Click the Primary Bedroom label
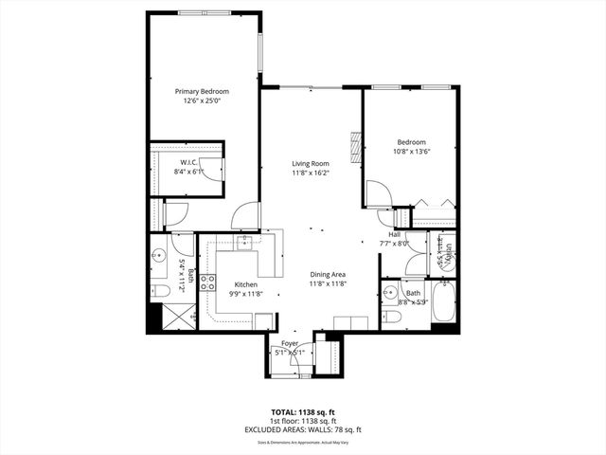coord(202,92)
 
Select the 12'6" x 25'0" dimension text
coord(202,101)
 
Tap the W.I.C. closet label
coord(188,162)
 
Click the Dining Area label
coord(329,275)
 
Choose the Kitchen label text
coord(246,285)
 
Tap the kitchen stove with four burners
coord(207,282)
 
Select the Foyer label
coord(290,343)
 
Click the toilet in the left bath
coord(159,288)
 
